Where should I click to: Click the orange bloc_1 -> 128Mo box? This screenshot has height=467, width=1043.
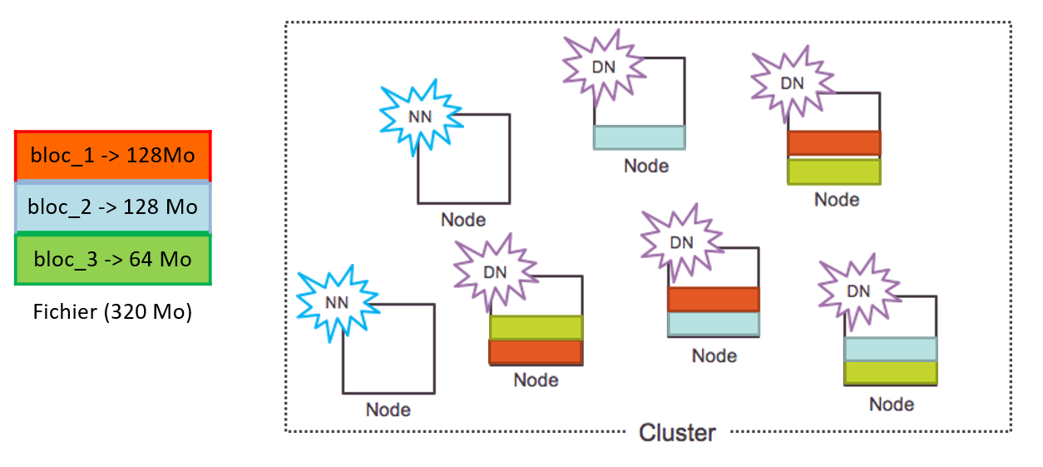point(113,156)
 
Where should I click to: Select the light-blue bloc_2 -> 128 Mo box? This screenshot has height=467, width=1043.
point(113,207)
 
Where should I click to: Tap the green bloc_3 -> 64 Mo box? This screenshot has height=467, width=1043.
point(113,259)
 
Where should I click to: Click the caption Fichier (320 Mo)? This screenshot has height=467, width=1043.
point(113,313)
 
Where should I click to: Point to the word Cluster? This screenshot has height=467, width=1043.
point(677,433)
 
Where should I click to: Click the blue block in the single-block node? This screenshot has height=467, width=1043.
point(639,137)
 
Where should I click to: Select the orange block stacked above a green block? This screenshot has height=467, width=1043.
point(833,143)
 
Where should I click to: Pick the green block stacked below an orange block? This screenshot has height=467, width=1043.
point(833,171)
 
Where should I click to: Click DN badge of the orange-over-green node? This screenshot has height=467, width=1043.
point(792,83)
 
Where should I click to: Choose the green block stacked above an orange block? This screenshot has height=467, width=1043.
point(536,327)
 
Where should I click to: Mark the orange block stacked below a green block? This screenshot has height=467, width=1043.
point(536,352)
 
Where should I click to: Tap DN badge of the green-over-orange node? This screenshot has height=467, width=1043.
point(495,272)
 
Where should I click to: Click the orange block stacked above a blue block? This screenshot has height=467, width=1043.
point(714,299)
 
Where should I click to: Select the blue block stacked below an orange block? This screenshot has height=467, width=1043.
point(714,323)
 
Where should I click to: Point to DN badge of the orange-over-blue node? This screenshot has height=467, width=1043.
point(681,243)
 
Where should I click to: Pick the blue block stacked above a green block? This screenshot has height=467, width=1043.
point(891,348)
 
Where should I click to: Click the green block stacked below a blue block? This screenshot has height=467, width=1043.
point(891,372)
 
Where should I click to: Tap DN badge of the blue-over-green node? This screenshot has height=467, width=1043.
point(858,291)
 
